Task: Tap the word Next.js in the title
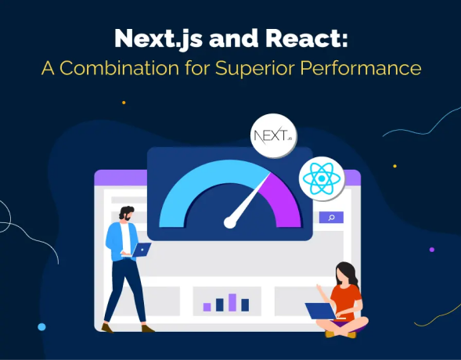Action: click(158, 39)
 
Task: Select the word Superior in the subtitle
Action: click(255, 69)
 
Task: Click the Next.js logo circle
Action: click(274, 135)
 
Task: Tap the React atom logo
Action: click(322, 178)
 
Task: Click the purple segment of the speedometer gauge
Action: click(283, 200)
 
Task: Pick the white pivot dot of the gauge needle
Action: click(230, 222)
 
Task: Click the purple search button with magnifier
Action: click(331, 218)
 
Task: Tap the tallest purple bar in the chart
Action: click(232, 302)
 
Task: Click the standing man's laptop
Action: click(141, 250)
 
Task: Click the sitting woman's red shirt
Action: click(347, 301)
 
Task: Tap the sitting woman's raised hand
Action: click(319, 288)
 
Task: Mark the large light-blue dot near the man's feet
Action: click(41, 327)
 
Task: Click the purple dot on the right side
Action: click(432, 250)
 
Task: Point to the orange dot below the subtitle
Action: click(124, 103)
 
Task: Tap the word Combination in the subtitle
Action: click(120, 68)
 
